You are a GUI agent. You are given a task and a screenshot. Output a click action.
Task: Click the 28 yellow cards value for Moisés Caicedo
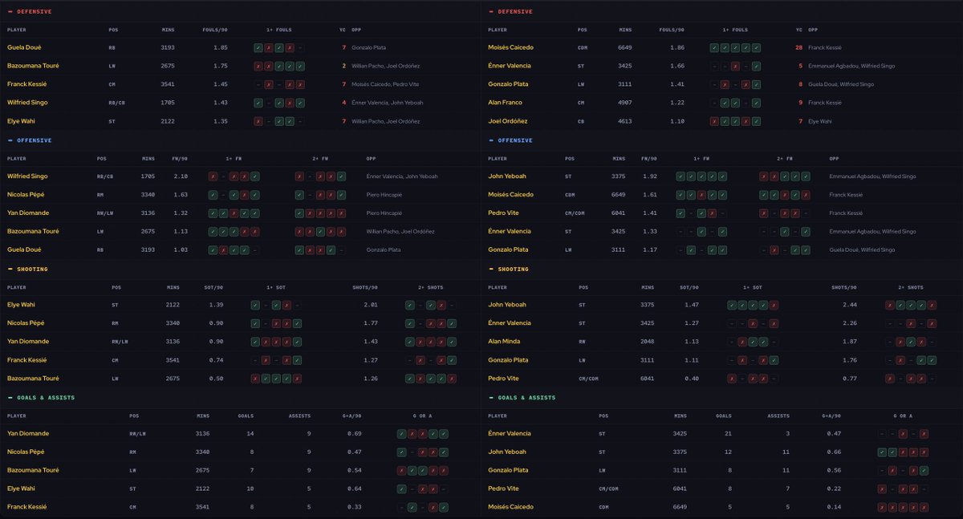(x=798, y=47)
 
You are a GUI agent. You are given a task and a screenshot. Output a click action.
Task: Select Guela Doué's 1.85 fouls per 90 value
(x=221, y=47)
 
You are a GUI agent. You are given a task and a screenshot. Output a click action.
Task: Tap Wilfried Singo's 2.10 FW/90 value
(x=181, y=176)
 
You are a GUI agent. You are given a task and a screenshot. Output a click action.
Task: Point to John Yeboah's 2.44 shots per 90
(x=850, y=305)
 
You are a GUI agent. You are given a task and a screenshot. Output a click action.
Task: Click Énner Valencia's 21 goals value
(x=728, y=433)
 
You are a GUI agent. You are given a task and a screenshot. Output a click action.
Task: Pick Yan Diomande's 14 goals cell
(x=250, y=433)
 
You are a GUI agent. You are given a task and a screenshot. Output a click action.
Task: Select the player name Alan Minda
(x=504, y=342)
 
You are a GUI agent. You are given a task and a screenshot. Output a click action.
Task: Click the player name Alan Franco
(x=505, y=103)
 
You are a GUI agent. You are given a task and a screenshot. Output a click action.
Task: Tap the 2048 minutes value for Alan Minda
(x=647, y=342)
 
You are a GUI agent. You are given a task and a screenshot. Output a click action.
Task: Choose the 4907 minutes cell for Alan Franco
(x=624, y=103)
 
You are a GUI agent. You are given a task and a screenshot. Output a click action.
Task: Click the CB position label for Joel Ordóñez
(x=581, y=122)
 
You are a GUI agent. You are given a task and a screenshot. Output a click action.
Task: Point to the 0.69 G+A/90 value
(x=354, y=433)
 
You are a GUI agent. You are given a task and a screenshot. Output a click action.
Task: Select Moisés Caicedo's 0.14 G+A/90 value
(x=834, y=507)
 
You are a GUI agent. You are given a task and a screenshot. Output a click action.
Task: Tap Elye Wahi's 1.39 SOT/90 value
(x=216, y=305)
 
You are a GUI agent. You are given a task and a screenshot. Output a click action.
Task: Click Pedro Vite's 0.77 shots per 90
(x=850, y=379)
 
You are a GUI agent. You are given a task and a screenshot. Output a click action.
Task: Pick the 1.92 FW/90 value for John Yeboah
(x=649, y=176)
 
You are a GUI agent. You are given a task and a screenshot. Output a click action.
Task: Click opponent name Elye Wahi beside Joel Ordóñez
(x=820, y=122)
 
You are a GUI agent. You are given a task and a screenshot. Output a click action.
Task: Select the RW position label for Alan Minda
(x=582, y=342)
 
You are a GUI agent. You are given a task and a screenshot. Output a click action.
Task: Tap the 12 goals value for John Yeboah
(x=728, y=452)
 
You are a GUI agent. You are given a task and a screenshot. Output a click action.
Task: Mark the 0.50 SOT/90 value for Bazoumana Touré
(x=216, y=379)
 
